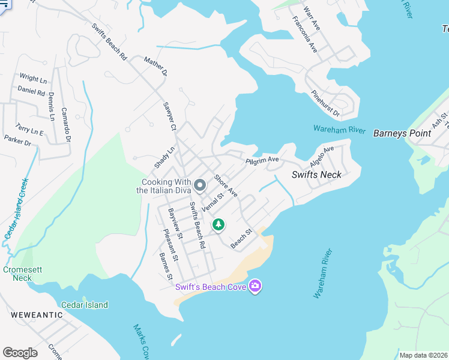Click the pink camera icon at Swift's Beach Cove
(256, 286)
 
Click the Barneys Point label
(402, 133)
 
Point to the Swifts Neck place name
(316, 175)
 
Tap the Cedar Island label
(84, 305)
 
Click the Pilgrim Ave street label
(262, 160)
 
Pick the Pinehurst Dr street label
(325, 103)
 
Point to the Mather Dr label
(155, 66)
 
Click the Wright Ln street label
(33, 78)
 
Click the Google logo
(20, 352)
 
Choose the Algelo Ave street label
(321, 157)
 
